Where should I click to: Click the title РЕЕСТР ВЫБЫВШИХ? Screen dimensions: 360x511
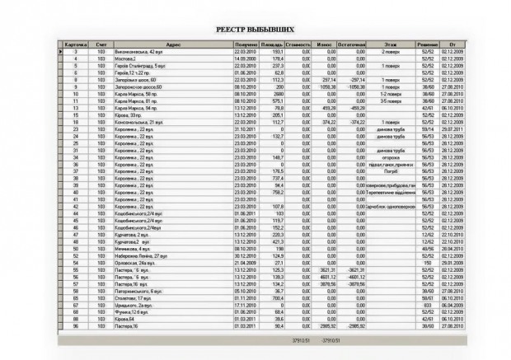(x=255, y=28)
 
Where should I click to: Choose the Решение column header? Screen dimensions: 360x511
(x=427, y=44)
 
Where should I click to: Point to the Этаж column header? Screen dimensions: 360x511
(x=390, y=44)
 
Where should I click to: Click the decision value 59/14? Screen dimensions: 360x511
(x=427, y=129)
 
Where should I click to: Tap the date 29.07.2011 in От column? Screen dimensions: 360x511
(x=450, y=129)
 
